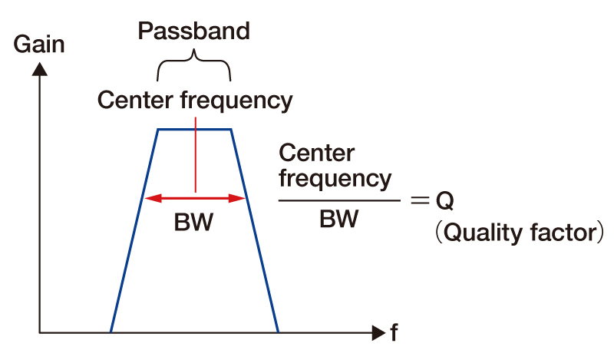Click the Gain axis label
(x=39, y=45)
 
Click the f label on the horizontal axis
(x=394, y=333)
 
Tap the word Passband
(x=193, y=31)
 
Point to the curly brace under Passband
(x=194, y=64)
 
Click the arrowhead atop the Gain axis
(x=41, y=68)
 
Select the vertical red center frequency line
(x=196, y=154)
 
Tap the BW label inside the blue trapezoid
(x=193, y=223)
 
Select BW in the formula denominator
(x=338, y=220)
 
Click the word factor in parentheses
(x=557, y=233)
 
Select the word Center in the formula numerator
(x=317, y=153)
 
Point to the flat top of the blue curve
(x=194, y=130)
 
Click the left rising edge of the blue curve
(x=134, y=230)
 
